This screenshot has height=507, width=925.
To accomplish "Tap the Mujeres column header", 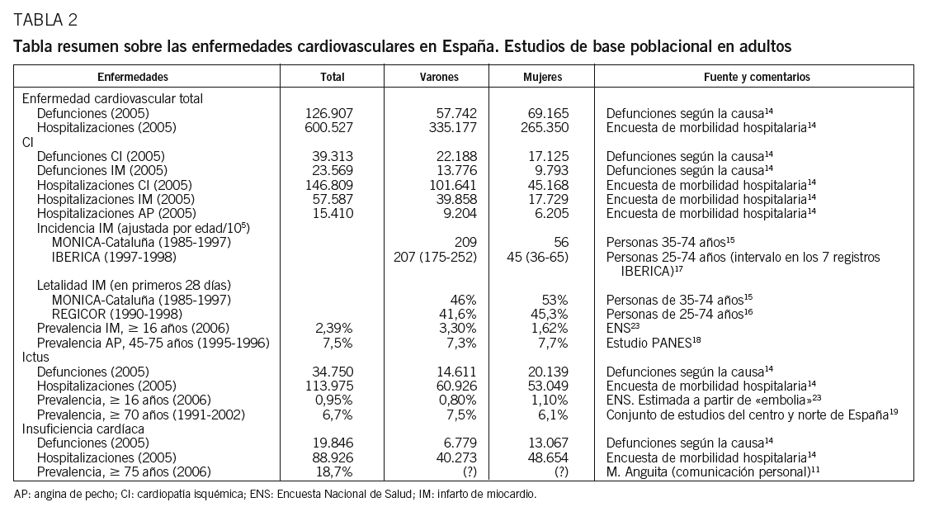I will point(542,77).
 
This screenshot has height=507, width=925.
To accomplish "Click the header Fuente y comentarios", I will point(756,77).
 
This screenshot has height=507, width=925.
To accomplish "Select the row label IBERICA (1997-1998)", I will point(108,258).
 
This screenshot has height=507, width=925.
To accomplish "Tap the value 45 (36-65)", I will point(537,258).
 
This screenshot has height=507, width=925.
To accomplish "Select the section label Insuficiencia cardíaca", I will point(83,429).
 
